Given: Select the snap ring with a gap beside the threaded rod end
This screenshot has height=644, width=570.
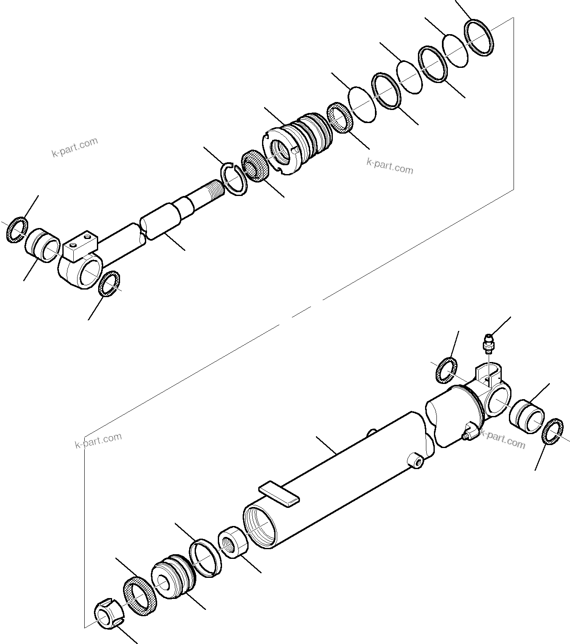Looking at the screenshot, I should click(x=233, y=179).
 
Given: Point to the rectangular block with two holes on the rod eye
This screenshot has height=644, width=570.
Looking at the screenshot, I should click(x=80, y=246).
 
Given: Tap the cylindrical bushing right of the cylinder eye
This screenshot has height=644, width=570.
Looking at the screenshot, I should click(x=526, y=417).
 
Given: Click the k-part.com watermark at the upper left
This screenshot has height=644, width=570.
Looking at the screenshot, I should click(x=75, y=147).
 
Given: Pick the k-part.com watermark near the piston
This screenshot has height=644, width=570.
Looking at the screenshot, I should click(x=390, y=166).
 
